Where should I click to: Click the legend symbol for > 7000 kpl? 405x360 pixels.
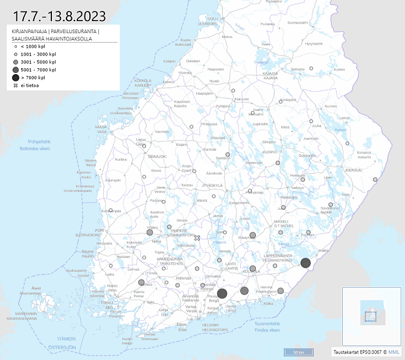point(15,78)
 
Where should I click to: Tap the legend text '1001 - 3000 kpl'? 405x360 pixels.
point(38,54)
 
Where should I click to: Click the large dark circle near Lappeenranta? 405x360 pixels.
point(305,263)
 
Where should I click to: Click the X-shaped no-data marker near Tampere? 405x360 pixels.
point(197,238)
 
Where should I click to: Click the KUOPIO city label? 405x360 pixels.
point(269,152)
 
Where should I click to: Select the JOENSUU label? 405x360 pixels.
point(353,170)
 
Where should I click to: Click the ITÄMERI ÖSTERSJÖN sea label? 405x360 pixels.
point(62,344)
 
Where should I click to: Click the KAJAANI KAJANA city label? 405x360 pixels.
point(270,76)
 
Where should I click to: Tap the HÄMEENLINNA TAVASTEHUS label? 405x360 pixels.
point(163,261)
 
